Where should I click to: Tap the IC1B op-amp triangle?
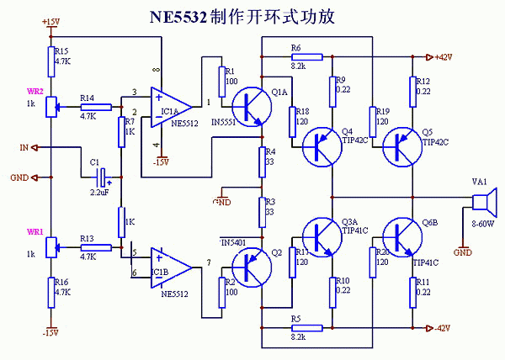coord(167,265)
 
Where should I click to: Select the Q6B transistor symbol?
coord(398,236)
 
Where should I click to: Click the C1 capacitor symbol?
coord(103,177)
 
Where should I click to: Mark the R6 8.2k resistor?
coord(306,57)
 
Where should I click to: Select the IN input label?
coord(24,148)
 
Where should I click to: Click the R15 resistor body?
coord(50,56)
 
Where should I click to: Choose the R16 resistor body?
coord(50,290)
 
